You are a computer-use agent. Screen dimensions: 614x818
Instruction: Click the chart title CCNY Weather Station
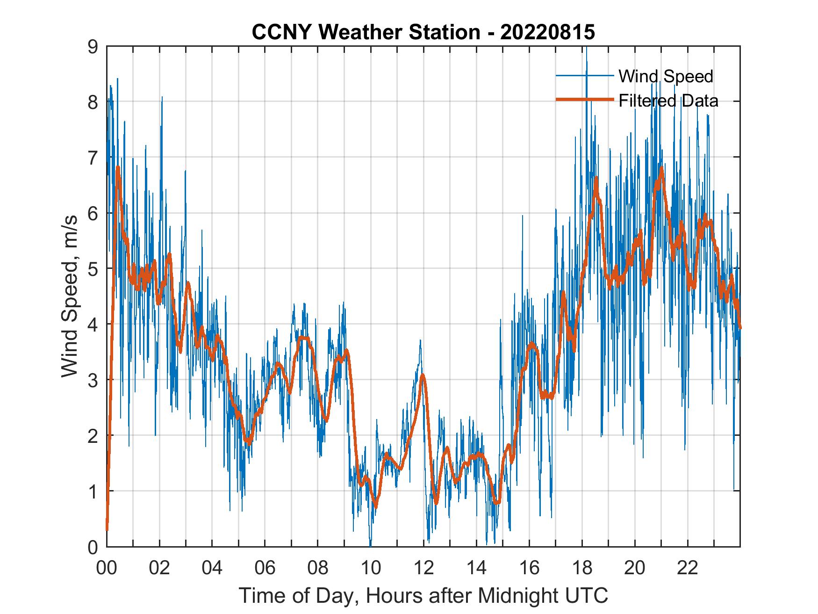(366, 32)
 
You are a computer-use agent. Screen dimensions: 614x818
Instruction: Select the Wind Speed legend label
(666, 76)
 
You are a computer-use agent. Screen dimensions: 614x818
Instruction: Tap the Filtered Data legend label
(668, 101)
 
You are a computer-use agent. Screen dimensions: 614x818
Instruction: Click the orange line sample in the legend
(584, 100)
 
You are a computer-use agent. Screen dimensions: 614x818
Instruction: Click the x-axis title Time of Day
(423, 595)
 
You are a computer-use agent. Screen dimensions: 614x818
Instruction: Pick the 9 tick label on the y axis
(93, 46)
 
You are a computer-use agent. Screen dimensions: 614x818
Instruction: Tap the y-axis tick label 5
(93, 268)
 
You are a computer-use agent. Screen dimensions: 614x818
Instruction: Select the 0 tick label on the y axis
(93, 547)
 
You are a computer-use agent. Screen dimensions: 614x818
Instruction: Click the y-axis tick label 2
(93, 435)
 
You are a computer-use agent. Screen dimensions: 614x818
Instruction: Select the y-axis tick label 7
(93, 158)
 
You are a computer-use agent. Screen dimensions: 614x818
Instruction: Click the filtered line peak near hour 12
(423, 375)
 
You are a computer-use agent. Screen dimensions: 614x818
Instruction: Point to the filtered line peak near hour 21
(661, 167)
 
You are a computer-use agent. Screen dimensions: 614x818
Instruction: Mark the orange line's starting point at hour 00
(107, 529)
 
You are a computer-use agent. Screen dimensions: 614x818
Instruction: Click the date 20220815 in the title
(547, 32)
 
